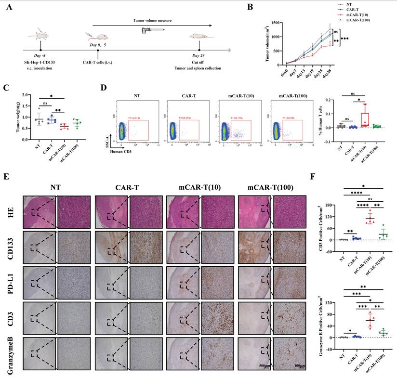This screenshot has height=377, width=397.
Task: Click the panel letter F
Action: pos(315,176)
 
